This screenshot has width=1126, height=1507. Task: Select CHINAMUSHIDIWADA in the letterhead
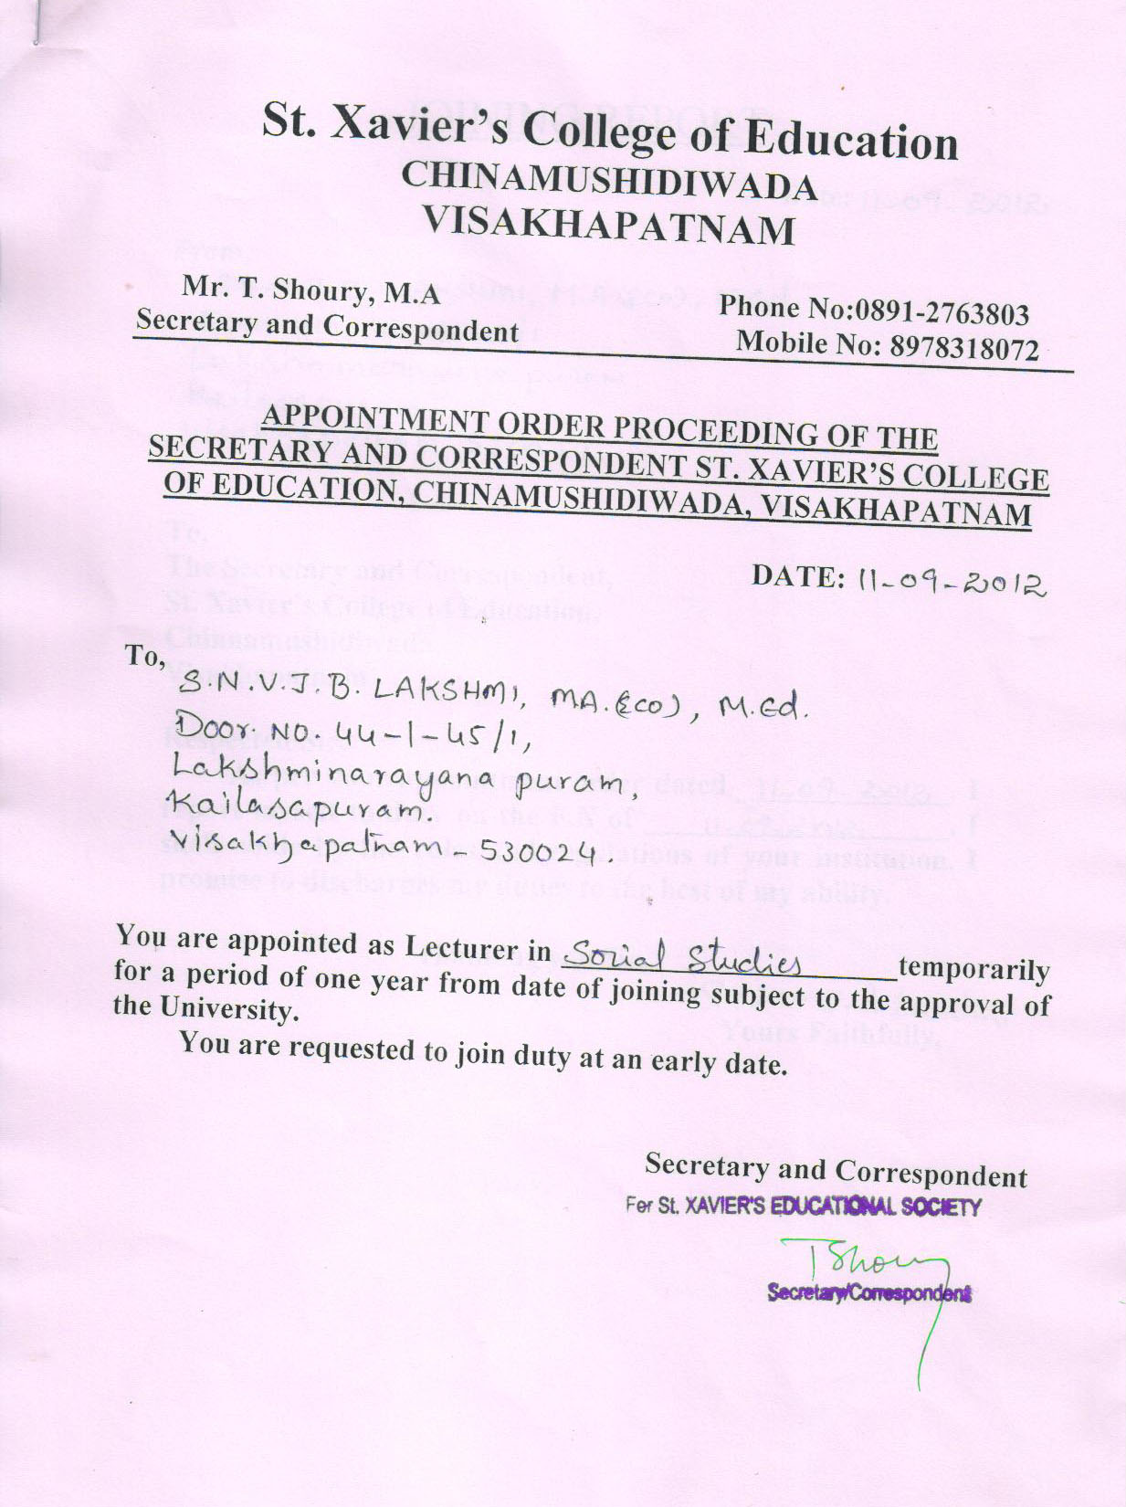608,180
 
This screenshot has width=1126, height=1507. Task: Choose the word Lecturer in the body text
475,947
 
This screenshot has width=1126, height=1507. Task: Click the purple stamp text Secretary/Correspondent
868,1293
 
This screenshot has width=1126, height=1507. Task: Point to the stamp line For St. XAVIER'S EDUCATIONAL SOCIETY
803,1207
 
